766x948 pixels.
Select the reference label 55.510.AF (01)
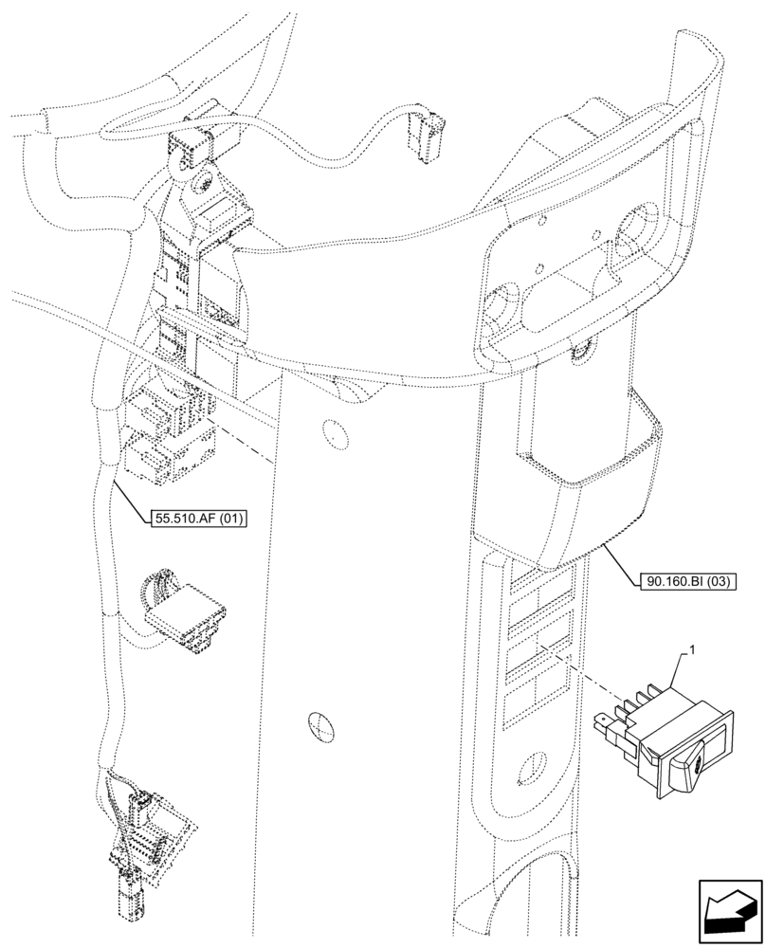coord(197,518)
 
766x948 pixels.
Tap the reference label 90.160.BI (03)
coord(698,581)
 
